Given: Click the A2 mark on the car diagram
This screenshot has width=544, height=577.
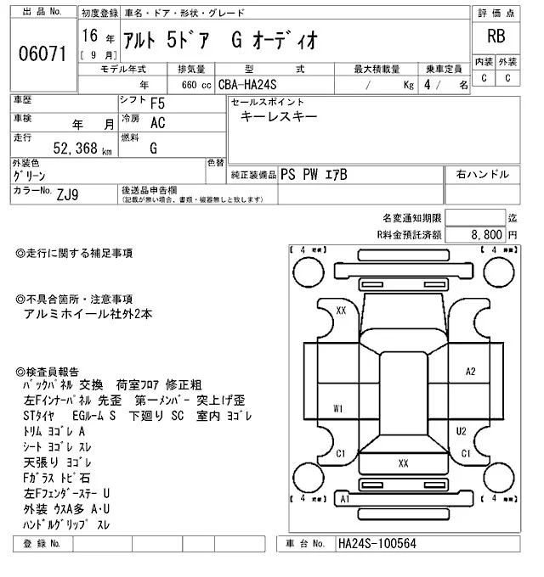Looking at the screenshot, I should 471,372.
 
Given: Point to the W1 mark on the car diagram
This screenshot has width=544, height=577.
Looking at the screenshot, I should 338,409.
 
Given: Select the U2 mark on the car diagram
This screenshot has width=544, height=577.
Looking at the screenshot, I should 461,431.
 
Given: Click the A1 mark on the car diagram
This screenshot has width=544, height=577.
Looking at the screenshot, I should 343,500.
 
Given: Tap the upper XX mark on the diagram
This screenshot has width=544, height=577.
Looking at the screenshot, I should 341,311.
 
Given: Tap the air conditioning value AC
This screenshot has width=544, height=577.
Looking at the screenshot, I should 158,122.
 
